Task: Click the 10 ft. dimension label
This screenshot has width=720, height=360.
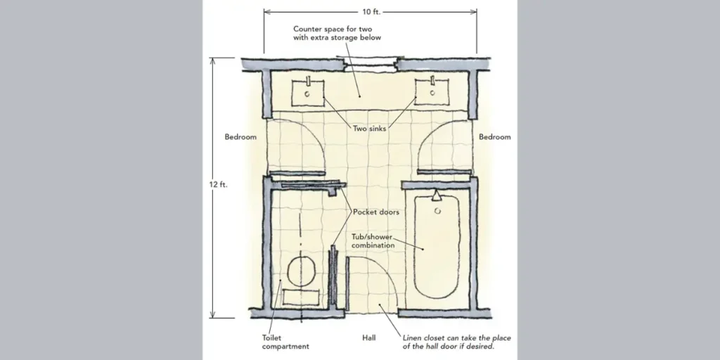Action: (370, 11)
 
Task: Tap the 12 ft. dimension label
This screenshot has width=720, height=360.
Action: (219, 184)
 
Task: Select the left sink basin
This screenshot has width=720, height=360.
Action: (307, 92)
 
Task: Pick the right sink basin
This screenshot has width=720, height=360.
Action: (432, 91)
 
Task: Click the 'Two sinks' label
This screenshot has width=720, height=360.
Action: (369, 129)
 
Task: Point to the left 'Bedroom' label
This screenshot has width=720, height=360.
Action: (240, 137)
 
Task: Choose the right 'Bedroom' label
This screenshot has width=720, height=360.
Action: (495, 137)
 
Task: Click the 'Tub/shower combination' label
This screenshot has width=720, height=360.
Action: (373, 241)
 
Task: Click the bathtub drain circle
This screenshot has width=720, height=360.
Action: (438, 210)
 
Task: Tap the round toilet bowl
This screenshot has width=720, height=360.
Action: (303, 271)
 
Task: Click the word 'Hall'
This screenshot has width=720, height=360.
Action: (368, 338)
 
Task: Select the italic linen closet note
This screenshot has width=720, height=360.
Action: (456, 342)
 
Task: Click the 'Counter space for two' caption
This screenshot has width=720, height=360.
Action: (337, 33)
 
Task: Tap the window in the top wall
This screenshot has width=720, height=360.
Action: (371, 64)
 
